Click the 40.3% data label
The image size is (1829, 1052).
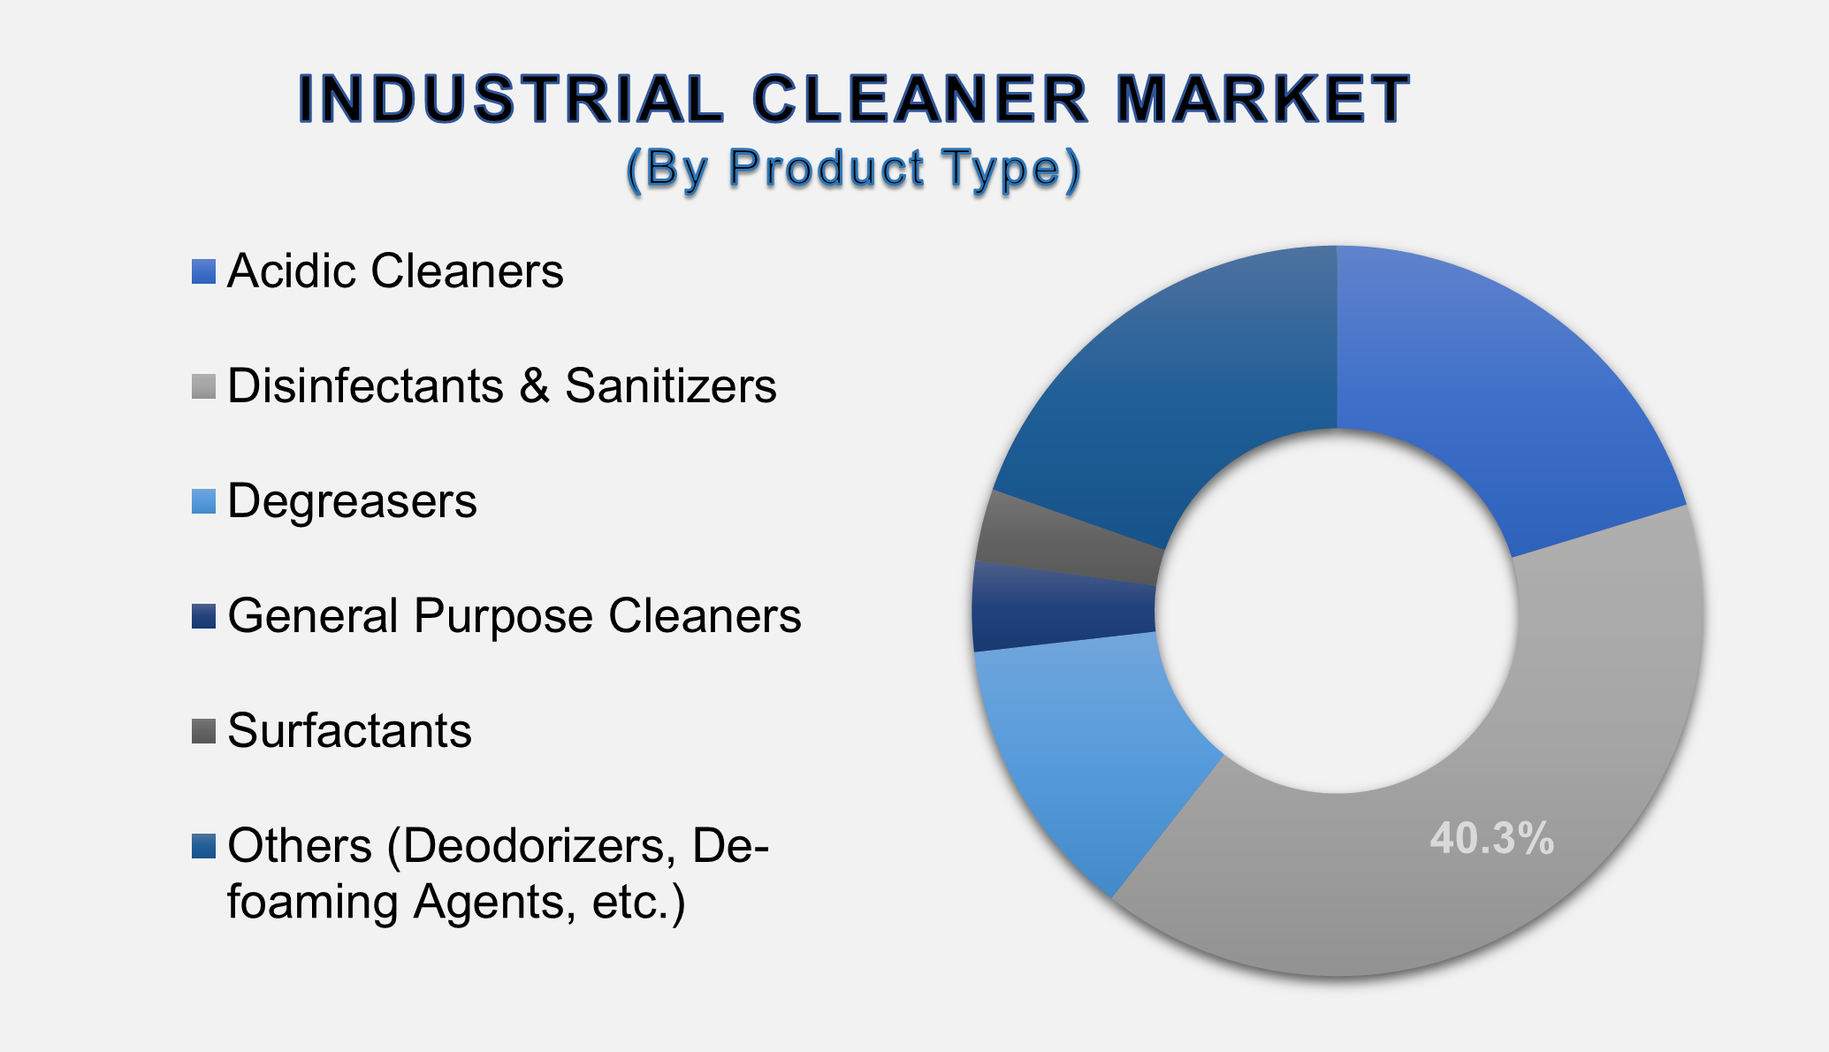[1491, 838]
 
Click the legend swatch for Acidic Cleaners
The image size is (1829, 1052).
[203, 271]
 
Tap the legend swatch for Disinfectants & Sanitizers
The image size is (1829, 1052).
[203, 386]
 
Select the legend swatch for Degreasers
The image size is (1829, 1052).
[203, 501]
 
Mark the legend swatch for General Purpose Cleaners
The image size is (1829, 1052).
[203, 616]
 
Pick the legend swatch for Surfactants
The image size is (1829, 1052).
[203, 731]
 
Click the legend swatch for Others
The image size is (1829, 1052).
[203, 846]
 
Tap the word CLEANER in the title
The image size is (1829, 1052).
[919, 98]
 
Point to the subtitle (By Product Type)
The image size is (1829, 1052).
[853, 168]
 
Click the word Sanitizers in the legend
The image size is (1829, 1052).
[670, 386]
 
